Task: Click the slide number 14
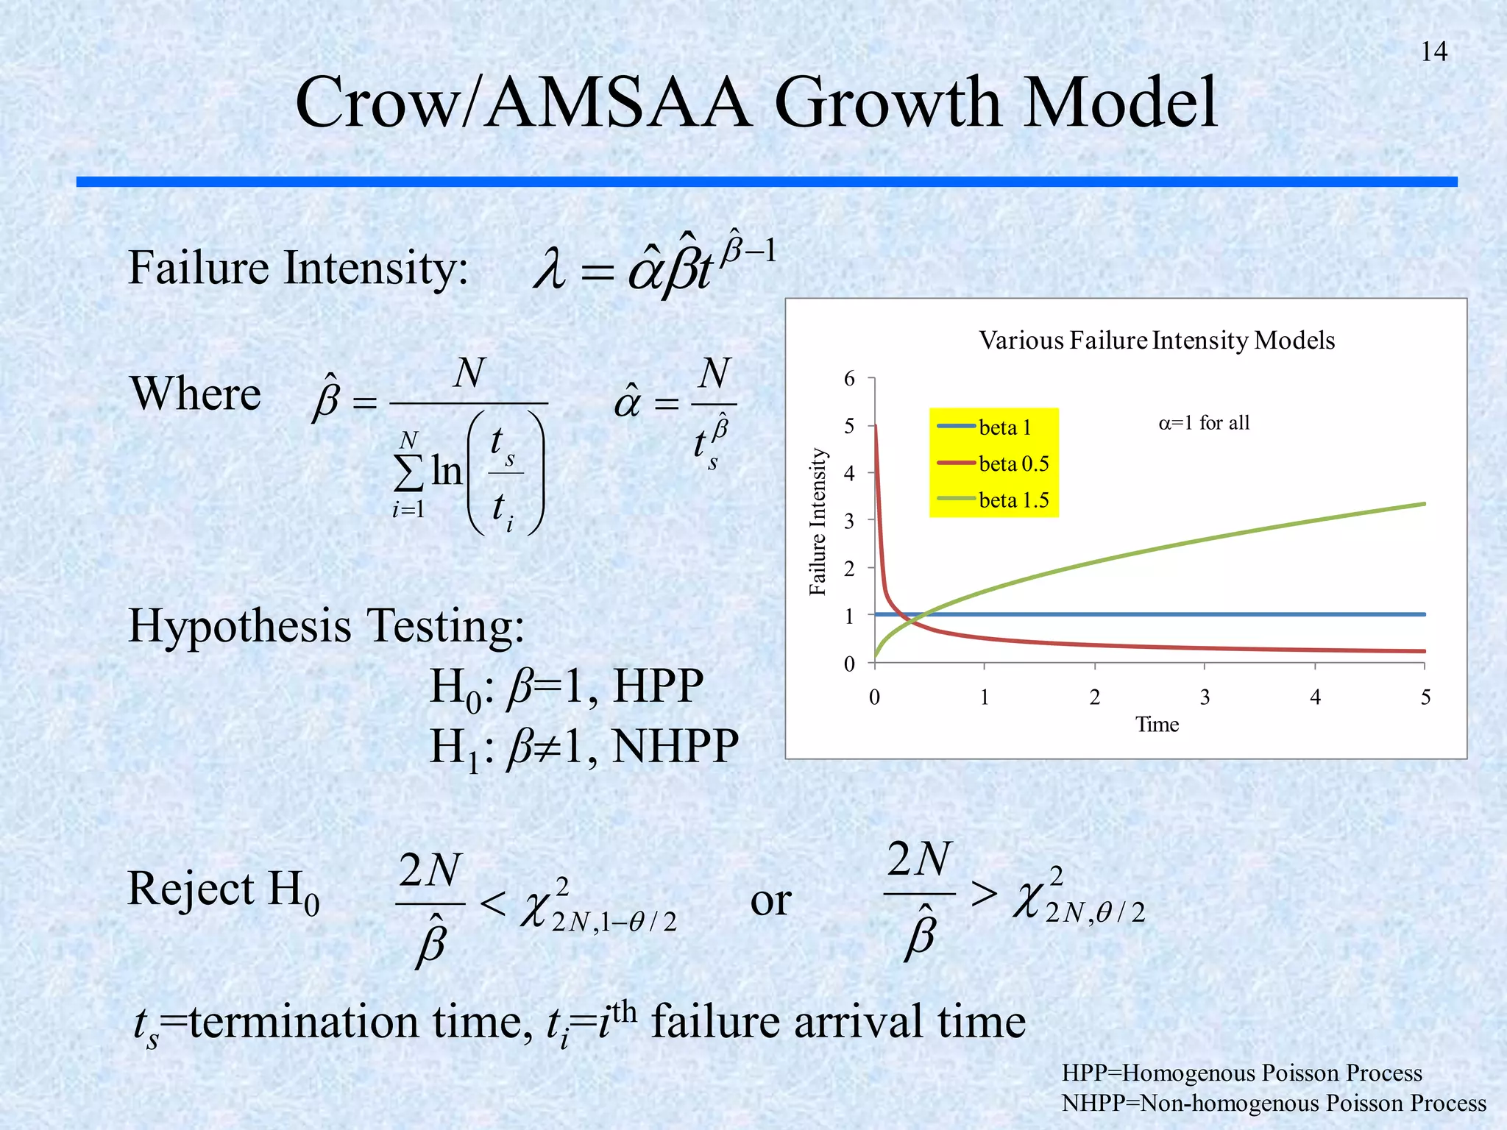click(x=1433, y=51)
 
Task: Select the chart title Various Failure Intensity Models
click(x=1156, y=341)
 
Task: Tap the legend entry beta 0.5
click(x=1013, y=463)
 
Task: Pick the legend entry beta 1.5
click(x=1013, y=500)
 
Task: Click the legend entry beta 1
click(x=1004, y=427)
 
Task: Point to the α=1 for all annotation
click(x=1204, y=423)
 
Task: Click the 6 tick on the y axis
click(x=850, y=379)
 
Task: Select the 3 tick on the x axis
click(x=1205, y=697)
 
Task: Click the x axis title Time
click(x=1157, y=725)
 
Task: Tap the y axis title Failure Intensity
click(x=818, y=521)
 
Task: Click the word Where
click(x=196, y=394)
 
